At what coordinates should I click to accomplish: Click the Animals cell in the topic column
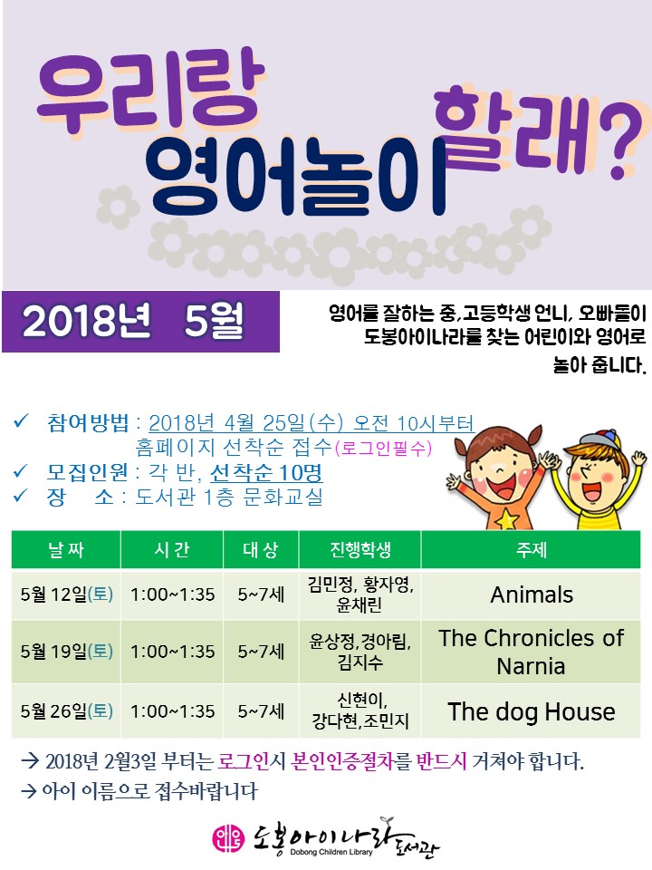tap(532, 594)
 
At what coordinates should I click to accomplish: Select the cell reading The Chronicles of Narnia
tap(532, 652)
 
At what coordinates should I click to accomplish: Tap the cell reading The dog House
tap(532, 711)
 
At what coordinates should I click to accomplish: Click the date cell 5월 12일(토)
tap(66, 594)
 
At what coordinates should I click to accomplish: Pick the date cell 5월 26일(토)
tap(66, 711)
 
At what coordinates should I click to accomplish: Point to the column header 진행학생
tap(360, 549)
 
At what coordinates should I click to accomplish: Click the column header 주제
tap(532, 549)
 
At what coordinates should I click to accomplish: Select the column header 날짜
tap(66, 549)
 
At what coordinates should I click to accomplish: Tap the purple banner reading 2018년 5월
tap(140, 321)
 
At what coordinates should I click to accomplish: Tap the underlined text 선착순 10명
tap(266, 473)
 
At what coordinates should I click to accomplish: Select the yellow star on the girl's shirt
tap(505, 520)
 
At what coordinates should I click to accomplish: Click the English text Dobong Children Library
tap(331, 852)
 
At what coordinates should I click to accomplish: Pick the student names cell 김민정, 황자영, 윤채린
tap(360, 594)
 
